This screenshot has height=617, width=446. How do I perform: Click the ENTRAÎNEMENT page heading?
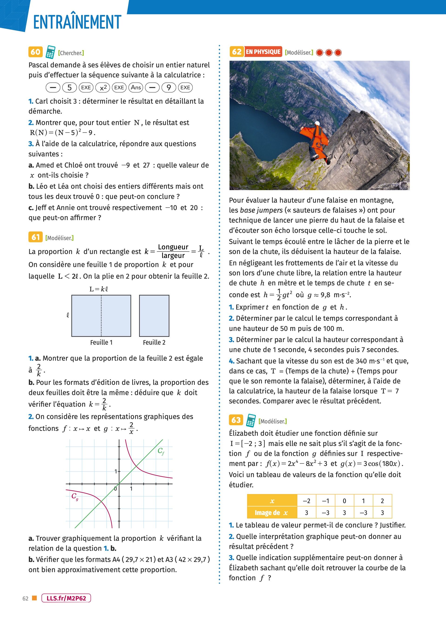tap(77, 22)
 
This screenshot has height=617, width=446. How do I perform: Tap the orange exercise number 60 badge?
tap(35, 52)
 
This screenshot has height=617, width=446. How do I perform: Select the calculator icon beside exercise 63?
tap(251, 420)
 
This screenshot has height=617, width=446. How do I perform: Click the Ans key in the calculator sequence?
tap(136, 87)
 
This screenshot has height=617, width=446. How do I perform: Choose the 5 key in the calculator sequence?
tap(69, 87)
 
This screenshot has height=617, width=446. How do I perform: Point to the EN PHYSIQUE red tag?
tap(263, 52)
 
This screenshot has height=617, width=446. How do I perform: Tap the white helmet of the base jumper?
tap(317, 124)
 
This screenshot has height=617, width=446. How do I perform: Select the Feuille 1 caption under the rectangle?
tap(101, 343)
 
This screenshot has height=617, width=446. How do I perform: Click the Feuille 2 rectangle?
tap(154, 316)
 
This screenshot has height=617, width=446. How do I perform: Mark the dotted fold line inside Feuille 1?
tap(102, 316)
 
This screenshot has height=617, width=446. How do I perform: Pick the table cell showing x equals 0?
tap(344, 501)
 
